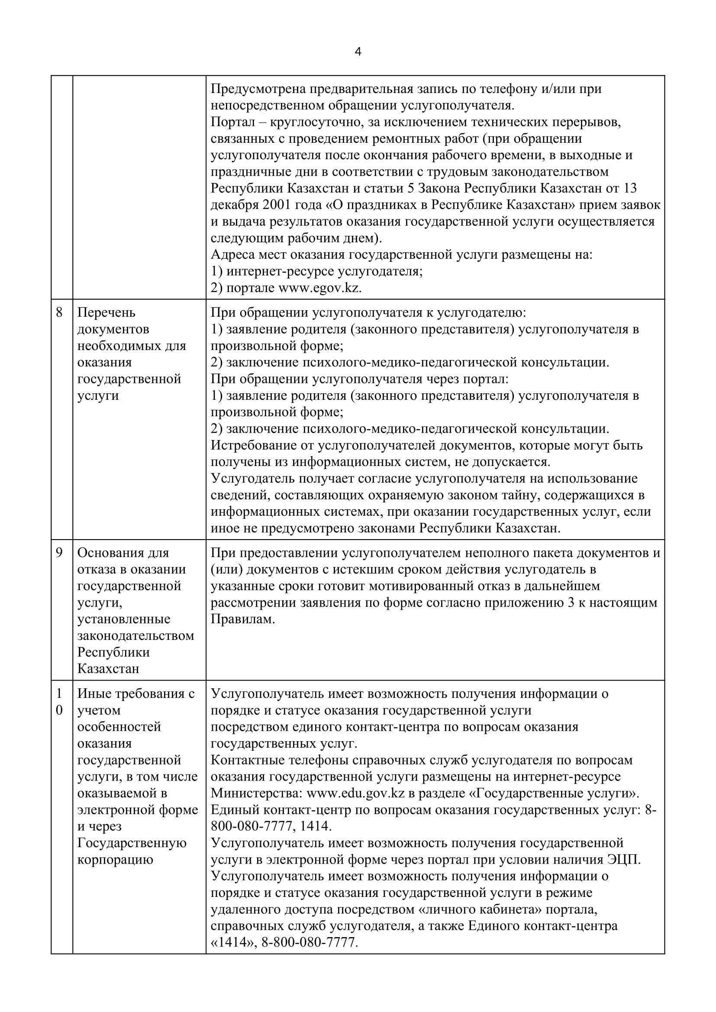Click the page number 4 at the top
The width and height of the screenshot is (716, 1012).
tap(358, 52)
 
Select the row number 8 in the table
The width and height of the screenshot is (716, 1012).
tap(59, 312)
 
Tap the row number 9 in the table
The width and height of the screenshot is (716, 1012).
tap(59, 553)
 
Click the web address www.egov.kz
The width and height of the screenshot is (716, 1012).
tap(319, 288)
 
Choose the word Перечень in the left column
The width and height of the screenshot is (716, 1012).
tap(106, 312)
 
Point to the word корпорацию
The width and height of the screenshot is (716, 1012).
tap(116, 860)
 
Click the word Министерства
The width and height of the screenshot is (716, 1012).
tap(256, 793)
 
